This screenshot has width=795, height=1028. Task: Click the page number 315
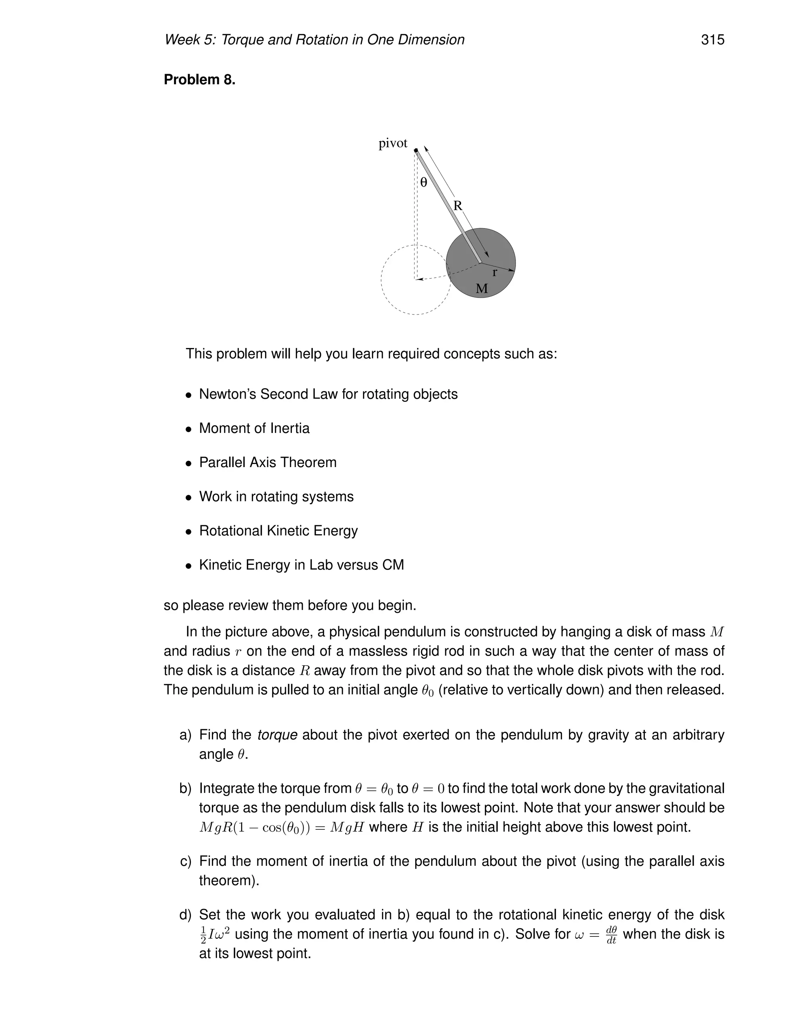(x=712, y=40)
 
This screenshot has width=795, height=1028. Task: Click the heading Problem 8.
(x=199, y=80)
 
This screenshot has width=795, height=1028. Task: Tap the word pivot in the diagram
(x=393, y=144)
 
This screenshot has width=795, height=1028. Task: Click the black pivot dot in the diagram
(x=416, y=151)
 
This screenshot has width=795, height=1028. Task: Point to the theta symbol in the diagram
(x=424, y=183)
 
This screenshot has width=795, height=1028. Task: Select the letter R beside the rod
(x=457, y=206)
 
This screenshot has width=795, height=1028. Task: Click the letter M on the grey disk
(x=481, y=289)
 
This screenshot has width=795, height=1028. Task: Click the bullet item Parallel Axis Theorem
(x=267, y=462)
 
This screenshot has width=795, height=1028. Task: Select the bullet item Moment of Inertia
(x=254, y=428)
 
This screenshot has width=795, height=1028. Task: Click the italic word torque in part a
(x=278, y=735)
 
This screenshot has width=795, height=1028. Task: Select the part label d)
(x=186, y=915)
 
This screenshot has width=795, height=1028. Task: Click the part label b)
(x=186, y=788)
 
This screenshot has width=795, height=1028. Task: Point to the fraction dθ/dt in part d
(x=611, y=935)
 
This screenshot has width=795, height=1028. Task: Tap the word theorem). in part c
(x=229, y=881)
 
